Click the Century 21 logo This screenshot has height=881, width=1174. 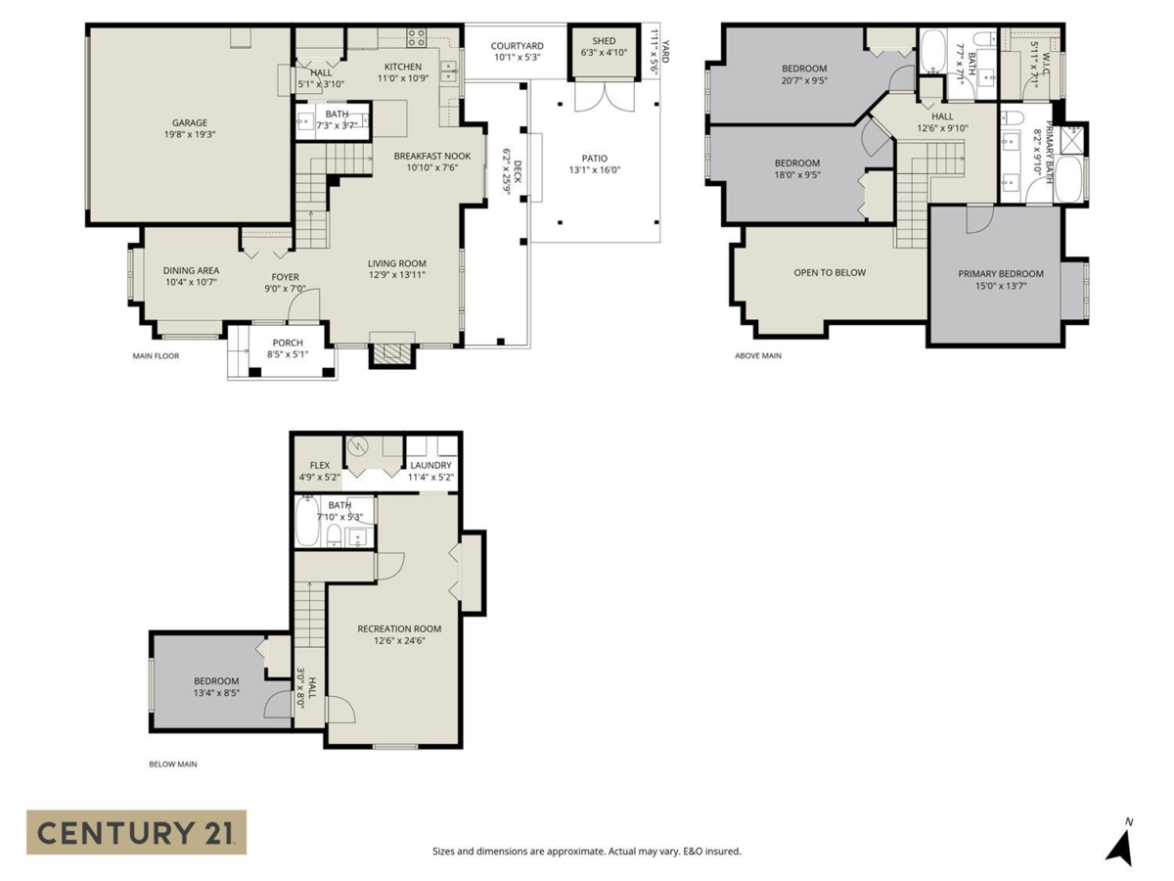[136, 832]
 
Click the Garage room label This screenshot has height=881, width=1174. [190, 123]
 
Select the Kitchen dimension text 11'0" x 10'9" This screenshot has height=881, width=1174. [402, 79]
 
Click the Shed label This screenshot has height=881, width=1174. [604, 41]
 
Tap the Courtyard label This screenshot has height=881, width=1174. [517, 45]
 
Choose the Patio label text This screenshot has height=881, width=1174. [595, 158]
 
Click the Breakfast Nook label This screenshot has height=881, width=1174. [431, 156]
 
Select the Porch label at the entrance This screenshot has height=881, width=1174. [288, 343]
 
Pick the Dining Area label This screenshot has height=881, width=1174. [191, 270]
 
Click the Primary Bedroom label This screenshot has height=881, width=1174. [1000, 274]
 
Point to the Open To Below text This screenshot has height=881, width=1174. [829, 272]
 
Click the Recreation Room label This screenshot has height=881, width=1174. [398, 628]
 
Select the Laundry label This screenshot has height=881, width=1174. [430, 466]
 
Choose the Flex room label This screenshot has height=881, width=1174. [319, 466]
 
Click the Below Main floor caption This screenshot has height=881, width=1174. [172, 764]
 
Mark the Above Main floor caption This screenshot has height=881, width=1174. [757, 356]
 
